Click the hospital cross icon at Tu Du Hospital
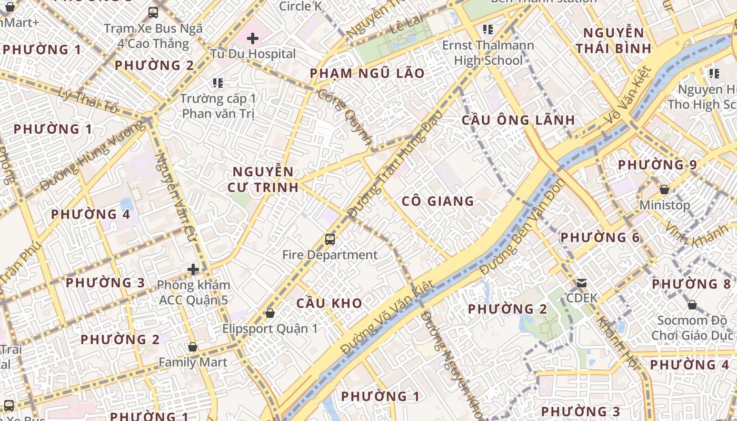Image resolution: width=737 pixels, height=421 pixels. (x=253, y=38)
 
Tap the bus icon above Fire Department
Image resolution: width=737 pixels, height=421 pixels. (x=330, y=239)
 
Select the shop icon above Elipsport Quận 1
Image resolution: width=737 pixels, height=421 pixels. (x=270, y=313)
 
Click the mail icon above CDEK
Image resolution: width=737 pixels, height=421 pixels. (x=582, y=283)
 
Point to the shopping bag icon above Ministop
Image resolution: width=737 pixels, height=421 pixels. (x=664, y=189)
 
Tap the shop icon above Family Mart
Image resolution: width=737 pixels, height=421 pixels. (x=193, y=347)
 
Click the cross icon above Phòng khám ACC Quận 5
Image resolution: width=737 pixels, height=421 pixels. (x=193, y=269)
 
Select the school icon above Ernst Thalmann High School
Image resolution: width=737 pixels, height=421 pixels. (x=488, y=29)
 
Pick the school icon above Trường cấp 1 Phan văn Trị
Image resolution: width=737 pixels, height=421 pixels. (x=217, y=83)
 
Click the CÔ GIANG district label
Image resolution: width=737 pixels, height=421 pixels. (x=438, y=201)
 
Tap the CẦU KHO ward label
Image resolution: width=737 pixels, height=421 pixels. (x=330, y=303)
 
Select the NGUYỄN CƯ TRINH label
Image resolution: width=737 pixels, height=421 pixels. (x=263, y=179)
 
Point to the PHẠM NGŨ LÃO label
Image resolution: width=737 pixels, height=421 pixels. (x=367, y=74)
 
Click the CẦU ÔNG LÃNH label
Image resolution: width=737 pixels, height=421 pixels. (x=519, y=120)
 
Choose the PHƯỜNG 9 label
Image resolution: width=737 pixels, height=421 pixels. (x=658, y=165)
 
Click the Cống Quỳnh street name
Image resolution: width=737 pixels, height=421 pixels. (x=345, y=116)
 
